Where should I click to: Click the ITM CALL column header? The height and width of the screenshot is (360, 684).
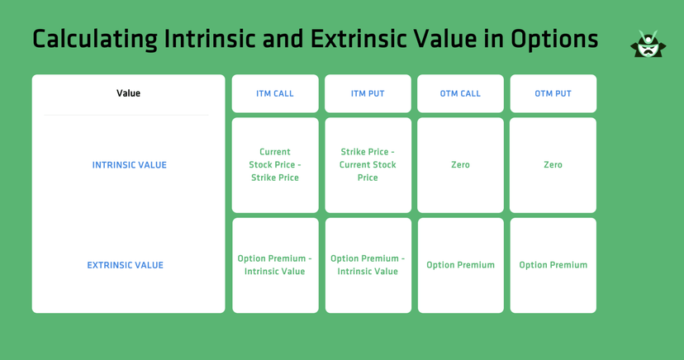click(x=275, y=93)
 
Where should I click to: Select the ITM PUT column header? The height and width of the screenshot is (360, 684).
click(x=368, y=93)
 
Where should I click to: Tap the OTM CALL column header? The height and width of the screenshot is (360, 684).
click(x=460, y=93)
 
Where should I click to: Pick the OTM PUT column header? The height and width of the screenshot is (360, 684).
click(x=553, y=93)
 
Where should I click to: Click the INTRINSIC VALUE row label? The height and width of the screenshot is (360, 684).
click(x=129, y=165)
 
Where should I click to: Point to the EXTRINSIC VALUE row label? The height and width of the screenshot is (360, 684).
click(x=126, y=265)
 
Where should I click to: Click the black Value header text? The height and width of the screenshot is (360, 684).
click(x=128, y=93)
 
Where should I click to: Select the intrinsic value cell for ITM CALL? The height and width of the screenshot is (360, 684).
click(x=275, y=165)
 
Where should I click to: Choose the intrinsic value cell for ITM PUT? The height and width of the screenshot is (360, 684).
click(x=368, y=165)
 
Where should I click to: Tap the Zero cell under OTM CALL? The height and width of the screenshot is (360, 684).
click(x=460, y=165)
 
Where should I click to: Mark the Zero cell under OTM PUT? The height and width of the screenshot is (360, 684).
click(x=553, y=165)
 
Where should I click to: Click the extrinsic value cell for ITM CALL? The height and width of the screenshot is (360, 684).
click(x=275, y=265)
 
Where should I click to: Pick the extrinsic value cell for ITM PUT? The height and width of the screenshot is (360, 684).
click(x=368, y=265)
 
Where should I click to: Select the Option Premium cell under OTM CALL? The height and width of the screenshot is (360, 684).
click(x=460, y=265)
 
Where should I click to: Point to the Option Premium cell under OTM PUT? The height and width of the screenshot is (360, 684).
click(x=553, y=265)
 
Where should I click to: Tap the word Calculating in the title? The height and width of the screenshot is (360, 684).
click(x=94, y=39)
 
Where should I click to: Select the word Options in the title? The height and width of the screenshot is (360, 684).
click(x=553, y=39)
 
